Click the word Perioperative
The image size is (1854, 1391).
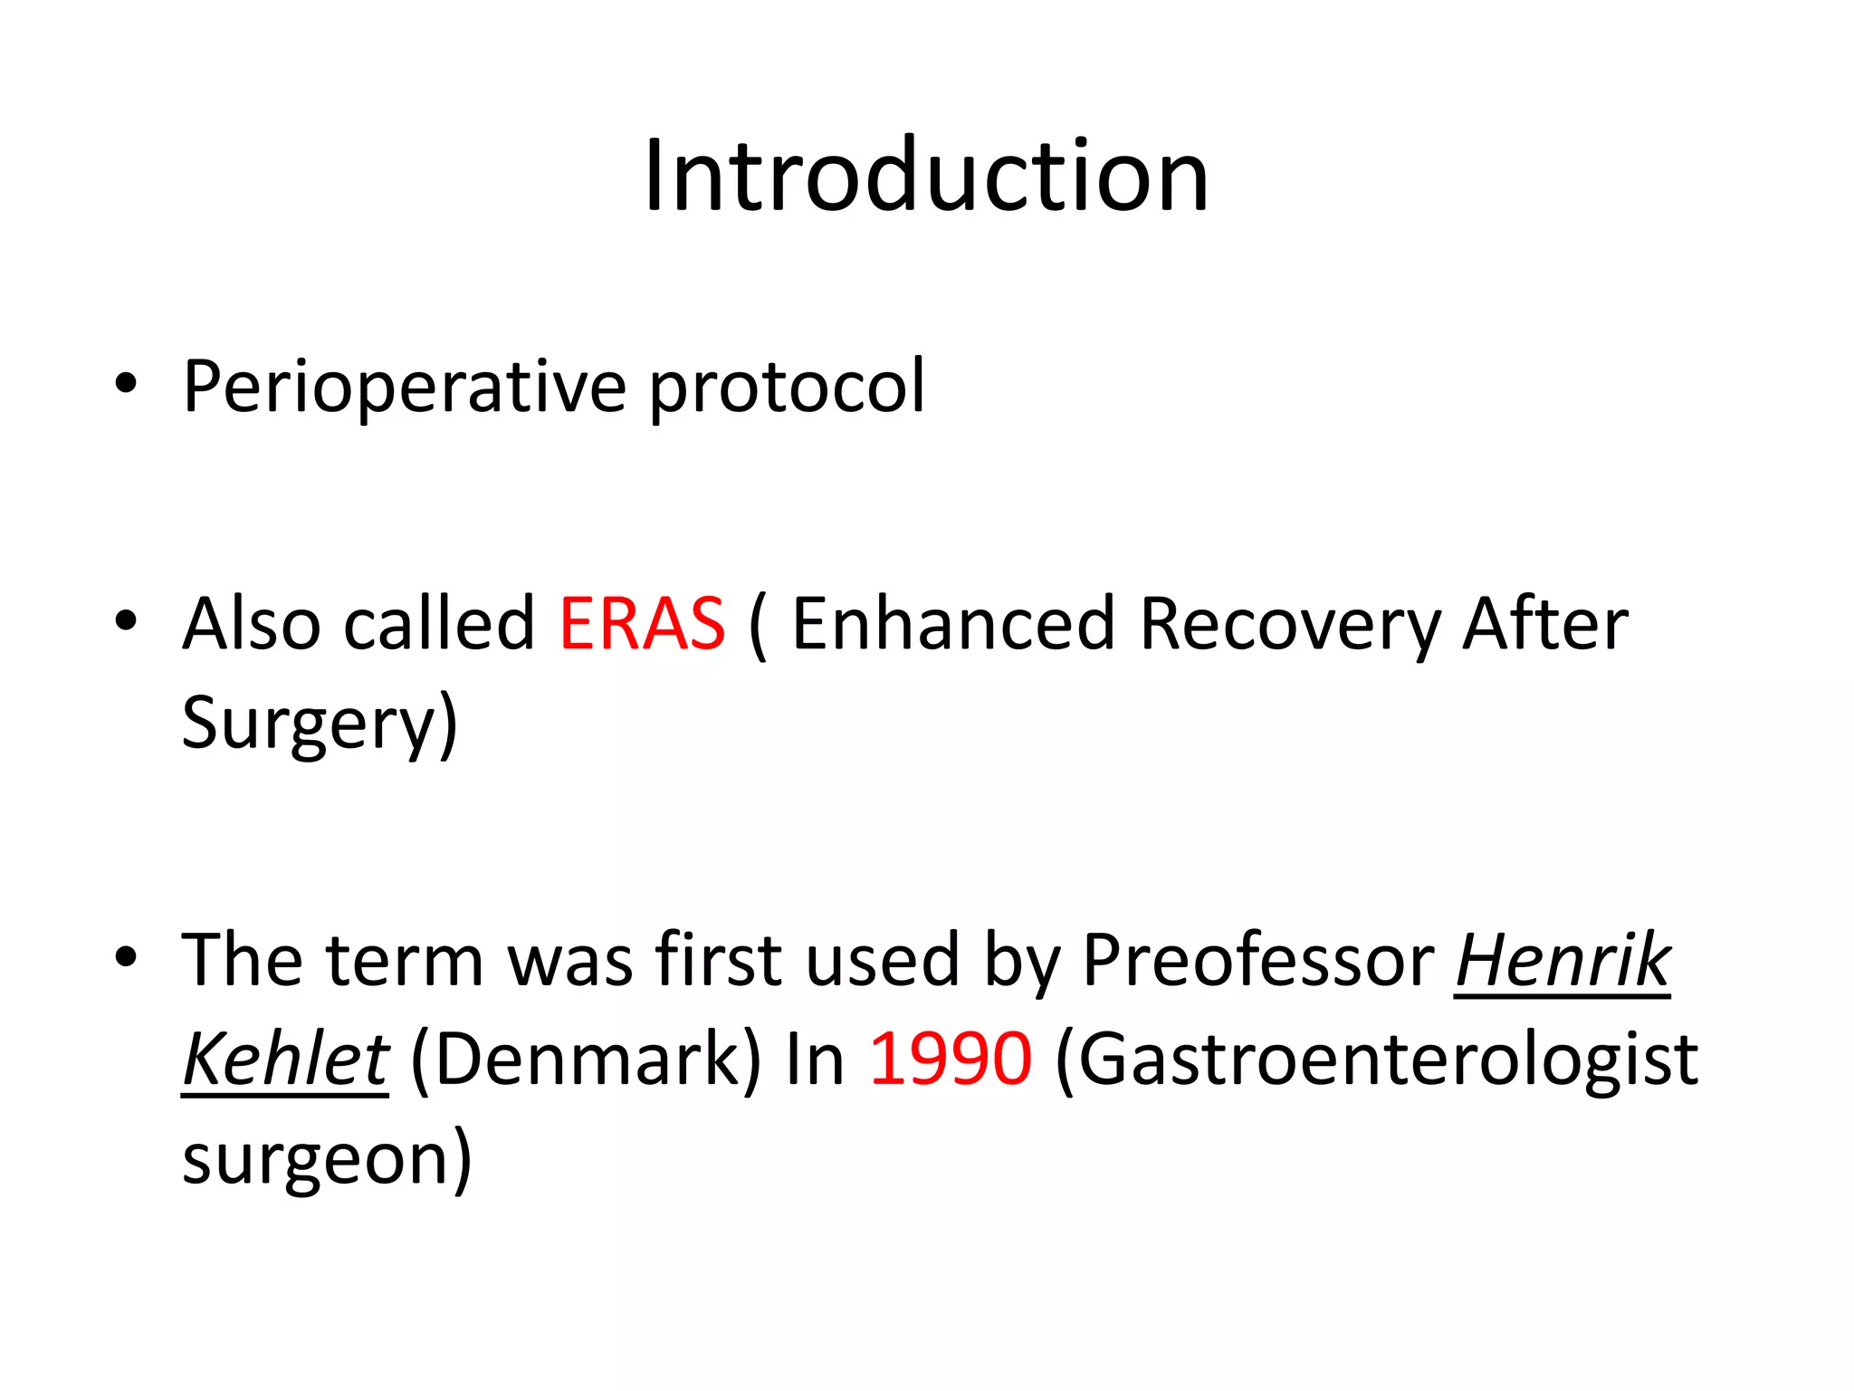(x=404, y=388)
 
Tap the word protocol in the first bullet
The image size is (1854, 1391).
(x=787, y=388)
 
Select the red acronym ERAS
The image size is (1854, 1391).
(x=642, y=624)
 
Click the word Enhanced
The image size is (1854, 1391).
(x=952, y=624)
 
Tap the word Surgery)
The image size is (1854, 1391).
(x=320, y=724)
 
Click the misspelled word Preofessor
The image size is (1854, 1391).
(x=1257, y=960)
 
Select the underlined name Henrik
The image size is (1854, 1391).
(x=1563, y=960)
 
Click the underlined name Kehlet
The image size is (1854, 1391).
(x=285, y=1059)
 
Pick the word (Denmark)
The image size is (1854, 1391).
(x=586, y=1059)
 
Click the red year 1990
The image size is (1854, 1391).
(x=950, y=1059)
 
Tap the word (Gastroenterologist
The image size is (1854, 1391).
(x=1376, y=1059)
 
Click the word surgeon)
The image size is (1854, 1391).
(x=327, y=1158)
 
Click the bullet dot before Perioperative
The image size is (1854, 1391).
(x=126, y=384)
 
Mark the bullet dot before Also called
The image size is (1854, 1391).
(x=126, y=621)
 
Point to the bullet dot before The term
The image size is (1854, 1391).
(x=126, y=957)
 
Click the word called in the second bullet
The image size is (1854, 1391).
(x=440, y=624)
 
